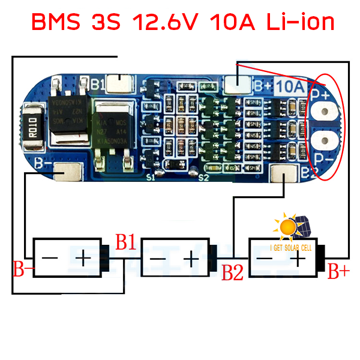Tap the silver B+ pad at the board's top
(x=238, y=82)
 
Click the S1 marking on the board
(x=151, y=178)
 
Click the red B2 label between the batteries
(x=232, y=273)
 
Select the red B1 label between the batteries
(x=126, y=242)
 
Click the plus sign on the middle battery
(x=191, y=259)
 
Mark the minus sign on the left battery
(x=50, y=259)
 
